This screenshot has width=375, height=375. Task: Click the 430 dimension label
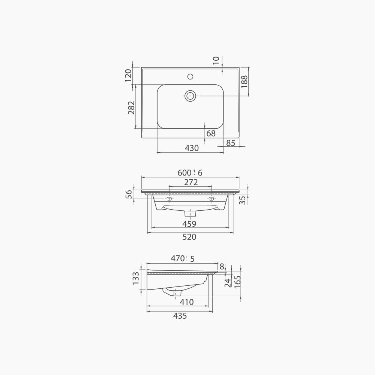point(192,148)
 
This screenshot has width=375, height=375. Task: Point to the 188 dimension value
point(244,82)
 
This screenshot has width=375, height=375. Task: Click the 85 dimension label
point(231,143)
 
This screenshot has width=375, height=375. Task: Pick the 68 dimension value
point(211,133)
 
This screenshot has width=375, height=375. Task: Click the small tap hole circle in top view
point(190,77)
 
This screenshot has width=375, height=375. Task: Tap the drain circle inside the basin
point(190,96)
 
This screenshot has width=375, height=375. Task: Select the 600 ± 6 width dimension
point(190,173)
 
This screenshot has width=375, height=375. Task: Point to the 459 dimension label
point(189,224)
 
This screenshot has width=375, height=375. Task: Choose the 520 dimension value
point(189,237)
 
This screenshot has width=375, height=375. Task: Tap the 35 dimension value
point(243,200)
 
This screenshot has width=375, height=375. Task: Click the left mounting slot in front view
point(169,198)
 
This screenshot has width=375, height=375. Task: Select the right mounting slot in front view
point(211,198)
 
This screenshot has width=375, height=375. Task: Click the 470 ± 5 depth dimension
point(183,258)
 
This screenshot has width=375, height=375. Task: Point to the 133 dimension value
point(136,279)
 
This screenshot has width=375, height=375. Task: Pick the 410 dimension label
point(186,302)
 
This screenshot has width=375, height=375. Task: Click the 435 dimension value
point(180,316)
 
